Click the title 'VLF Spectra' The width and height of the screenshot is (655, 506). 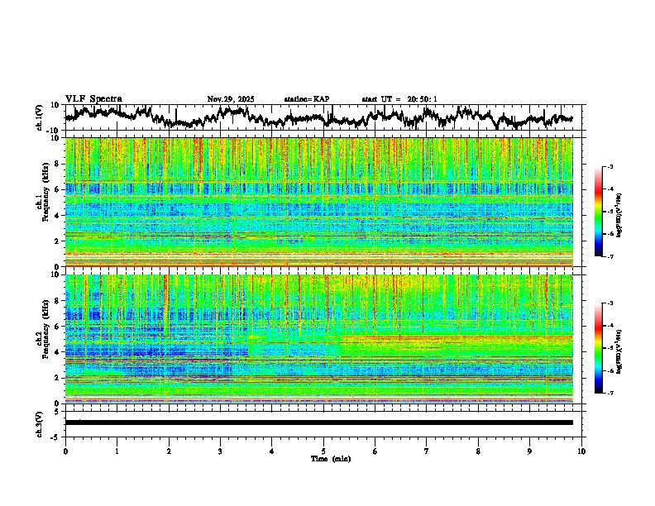[93, 99]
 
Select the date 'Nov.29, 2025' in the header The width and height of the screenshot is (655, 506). [231, 99]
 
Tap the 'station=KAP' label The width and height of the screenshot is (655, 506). [306, 99]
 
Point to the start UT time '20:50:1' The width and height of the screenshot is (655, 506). [422, 99]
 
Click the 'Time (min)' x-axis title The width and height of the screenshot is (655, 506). [330, 458]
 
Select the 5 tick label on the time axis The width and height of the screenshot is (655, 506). [323, 451]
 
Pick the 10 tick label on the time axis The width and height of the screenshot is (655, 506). [581, 451]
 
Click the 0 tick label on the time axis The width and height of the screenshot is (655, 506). [65, 451]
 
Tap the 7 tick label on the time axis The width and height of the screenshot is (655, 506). [427, 451]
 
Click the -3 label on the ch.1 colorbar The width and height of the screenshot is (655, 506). [610, 168]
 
